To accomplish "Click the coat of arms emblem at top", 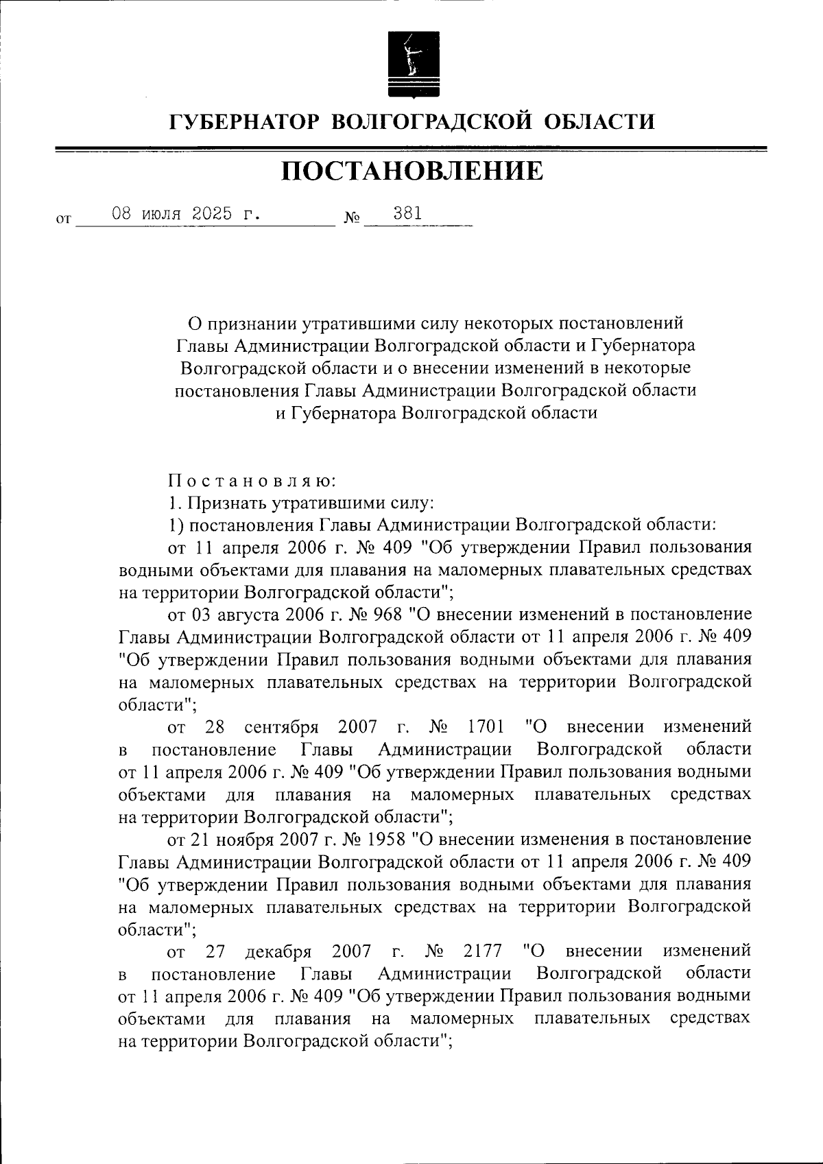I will pyautogui.click(x=411, y=62).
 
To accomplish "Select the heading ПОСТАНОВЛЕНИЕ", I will pyautogui.click(x=411, y=171).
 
